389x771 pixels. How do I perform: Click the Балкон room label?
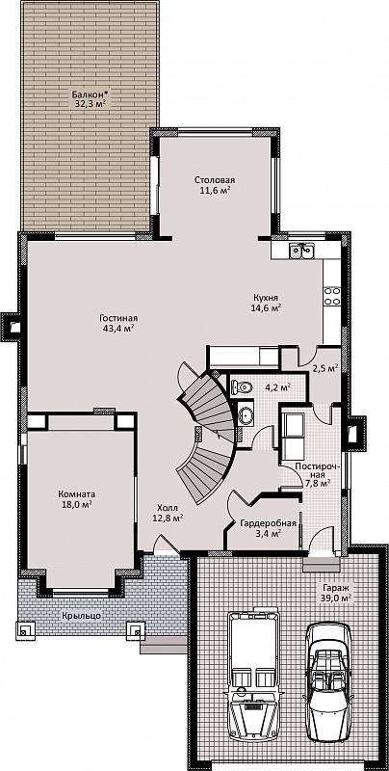pyautogui.click(x=90, y=98)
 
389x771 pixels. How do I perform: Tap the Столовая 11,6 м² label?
pyautogui.click(x=214, y=184)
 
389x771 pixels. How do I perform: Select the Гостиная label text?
pyautogui.click(x=117, y=318)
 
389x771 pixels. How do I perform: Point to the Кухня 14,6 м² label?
pyautogui.click(x=267, y=303)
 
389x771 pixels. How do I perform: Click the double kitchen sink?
pyautogui.click(x=301, y=252)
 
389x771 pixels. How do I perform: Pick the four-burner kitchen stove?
pyautogui.click(x=331, y=296)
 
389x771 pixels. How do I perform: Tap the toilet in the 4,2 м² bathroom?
pyautogui.click(x=241, y=386)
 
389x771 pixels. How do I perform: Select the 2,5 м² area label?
pyautogui.click(x=325, y=367)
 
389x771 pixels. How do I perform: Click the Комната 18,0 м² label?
pyautogui.click(x=77, y=499)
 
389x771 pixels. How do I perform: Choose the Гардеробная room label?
pyautogui.click(x=268, y=527)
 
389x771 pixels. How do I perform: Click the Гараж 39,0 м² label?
pyautogui.click(x=336, y=592)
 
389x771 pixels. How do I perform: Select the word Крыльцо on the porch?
pyautogui.click(x=82, y=616)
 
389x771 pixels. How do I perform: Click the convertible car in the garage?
pyautogui.click(x=328, y=676)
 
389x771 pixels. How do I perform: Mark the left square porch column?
pyautogui.click(x=25, y=630)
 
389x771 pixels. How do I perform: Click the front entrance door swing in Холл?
pyautogui.click(x=165, y=545)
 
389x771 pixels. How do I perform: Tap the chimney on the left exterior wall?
pyautogui.click(x=12, y=326)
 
